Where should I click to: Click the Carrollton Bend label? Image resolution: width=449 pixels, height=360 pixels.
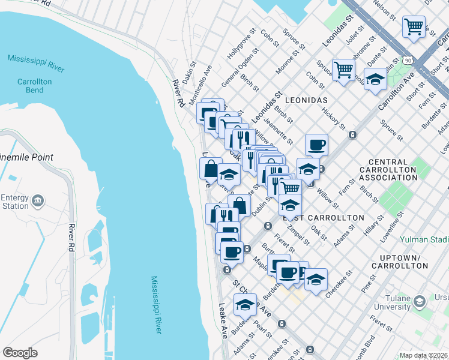(34, 85)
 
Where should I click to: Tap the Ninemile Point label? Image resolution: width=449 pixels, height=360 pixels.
(27, 157)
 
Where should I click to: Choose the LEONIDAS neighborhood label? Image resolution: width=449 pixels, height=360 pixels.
(306, 99)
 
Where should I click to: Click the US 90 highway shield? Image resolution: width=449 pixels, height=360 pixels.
(408, 61)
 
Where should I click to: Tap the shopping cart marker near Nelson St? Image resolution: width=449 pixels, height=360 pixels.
(414, 27)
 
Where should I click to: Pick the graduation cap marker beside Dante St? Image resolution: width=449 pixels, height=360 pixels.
(375, 80)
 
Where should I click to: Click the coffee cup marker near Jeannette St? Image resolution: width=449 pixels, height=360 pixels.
(316, 145)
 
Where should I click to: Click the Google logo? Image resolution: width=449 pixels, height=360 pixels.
(20, 352)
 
